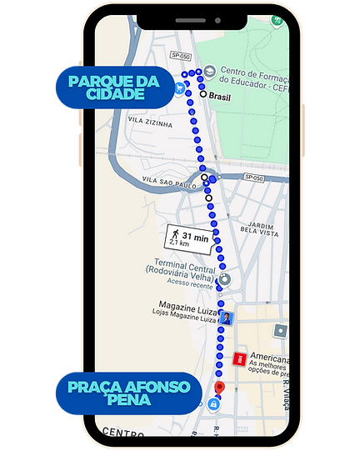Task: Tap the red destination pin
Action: (x=219, y=388)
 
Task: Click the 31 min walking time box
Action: (x=187, y=238)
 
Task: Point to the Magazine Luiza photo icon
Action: (x=227, y=318)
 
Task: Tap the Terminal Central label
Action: (x=181, y=262)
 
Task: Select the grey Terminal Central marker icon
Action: (x=224, y=279)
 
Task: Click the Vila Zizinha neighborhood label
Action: (x=151, y=123)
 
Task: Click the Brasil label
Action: (x=220, y=97)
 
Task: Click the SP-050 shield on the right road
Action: (x=254, y=178)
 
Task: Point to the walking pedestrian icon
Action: (x=174, y=236)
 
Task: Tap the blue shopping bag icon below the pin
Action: (x=215, y=404)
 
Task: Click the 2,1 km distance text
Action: (x=179, y=244)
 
